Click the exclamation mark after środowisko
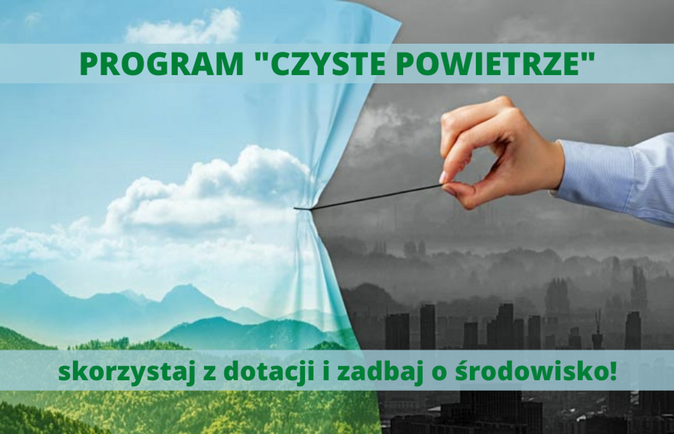tap(612, 370)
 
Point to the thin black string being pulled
tap(372, 197)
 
